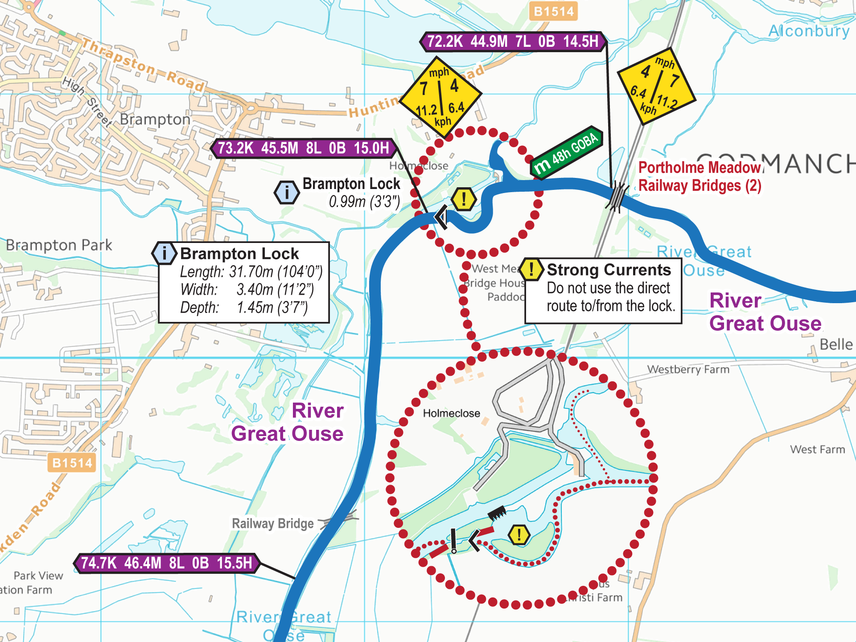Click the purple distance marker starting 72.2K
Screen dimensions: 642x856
tap(513, 41)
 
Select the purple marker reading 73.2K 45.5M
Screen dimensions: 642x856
tap(303, 148)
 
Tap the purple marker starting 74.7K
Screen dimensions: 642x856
tap(167, 563)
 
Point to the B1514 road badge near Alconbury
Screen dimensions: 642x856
tap(553, 11)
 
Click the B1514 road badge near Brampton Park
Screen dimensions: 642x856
tap(71, 463)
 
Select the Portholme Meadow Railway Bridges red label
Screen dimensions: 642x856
tap(700, 177)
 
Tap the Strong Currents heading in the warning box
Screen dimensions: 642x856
tap(609, 270)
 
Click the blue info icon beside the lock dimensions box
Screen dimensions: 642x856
tap(165, 253)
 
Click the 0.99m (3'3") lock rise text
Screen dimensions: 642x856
tap(364, 202)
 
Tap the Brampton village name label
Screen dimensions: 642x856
tap(155, 119)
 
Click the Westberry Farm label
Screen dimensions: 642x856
tap(688, 369)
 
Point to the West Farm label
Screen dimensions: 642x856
tap(817, 449)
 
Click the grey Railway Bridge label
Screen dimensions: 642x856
tap(272, 523)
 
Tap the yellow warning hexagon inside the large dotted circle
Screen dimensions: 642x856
tap(519, 534)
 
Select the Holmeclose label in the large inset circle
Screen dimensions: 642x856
tap(451, 413)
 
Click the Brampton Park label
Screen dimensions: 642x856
tap(59, 245)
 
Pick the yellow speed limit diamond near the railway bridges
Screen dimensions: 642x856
tap(656, 86)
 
